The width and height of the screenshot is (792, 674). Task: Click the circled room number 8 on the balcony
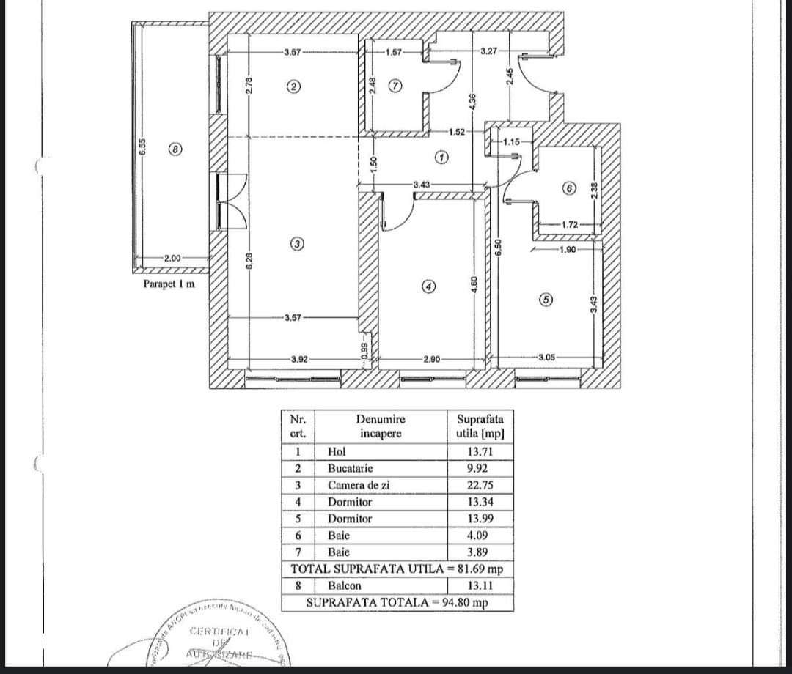(175, 149)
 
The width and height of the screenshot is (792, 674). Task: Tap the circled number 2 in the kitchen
(293, 86)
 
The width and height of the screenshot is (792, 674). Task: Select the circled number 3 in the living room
(296, 244)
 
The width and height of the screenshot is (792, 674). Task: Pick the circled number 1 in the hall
(441, 158)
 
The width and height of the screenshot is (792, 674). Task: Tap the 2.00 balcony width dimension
(172, 258)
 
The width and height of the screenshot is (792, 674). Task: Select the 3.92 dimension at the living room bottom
(298, 359)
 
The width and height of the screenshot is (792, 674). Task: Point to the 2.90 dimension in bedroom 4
(431, 359)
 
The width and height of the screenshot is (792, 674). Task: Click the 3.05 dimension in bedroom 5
(547, 358)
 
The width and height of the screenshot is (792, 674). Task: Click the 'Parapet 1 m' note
(169, 284)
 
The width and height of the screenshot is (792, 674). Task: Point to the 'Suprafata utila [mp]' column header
(480, 426)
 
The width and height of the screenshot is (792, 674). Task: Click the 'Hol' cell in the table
(337, 451)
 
